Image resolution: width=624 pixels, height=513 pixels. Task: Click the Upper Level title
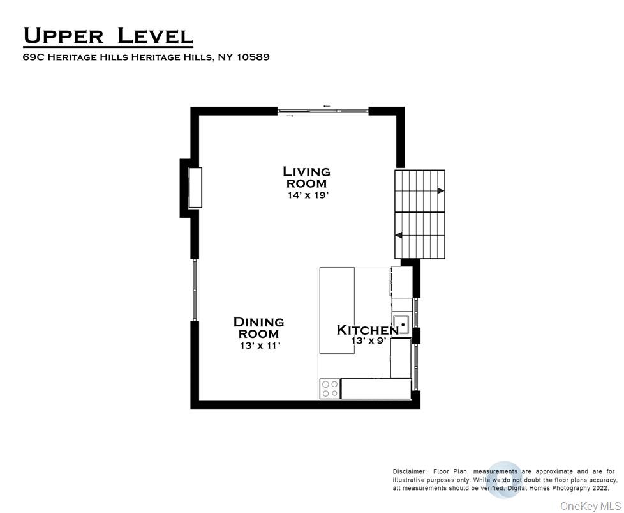pos(107,36)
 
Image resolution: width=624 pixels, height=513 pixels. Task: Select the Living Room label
pos(306,177)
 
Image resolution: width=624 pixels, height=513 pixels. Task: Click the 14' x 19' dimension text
pos(307,195)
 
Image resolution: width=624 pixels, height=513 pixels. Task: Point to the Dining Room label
pos(258,328)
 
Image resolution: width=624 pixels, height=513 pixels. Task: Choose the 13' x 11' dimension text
pos(258,346)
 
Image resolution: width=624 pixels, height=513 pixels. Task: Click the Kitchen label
pos(368,330)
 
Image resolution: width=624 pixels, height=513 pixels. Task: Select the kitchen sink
pos(401,325)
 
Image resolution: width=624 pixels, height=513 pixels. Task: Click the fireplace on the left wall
pos(195,187)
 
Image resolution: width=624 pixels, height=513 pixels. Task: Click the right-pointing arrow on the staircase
pos(441,190)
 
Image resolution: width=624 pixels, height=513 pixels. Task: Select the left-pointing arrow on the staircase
pos(399,235)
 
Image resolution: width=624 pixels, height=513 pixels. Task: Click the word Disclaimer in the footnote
pos(411,471)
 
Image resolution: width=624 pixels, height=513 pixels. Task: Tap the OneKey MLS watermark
pos(589,505)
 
